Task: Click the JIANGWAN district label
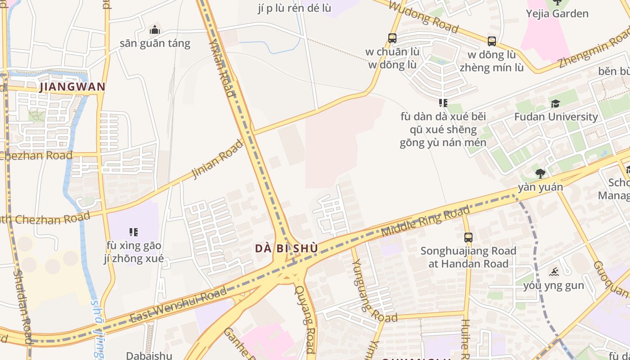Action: click(x=72, y=87)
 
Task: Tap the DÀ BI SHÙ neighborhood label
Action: click(x=286, y=248)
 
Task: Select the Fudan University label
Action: click(x=556, y=117)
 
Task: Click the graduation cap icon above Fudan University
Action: click(x=556, y=104)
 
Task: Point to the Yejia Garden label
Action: click(x=557, y=13)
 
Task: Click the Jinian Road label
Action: click(x=217, y=159)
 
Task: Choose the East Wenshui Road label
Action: click(x=178, y=306)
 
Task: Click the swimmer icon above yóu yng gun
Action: click(x=554, y=272)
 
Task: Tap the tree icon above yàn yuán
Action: click(x=540, y=174)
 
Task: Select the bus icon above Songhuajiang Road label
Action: click(x=468, y=237)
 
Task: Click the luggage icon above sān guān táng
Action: click(x=155, y=30)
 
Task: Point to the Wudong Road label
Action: click(x=423, y=18)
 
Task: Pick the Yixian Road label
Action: click(x=221, y=67)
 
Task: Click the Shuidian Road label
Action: click(x=22, y=306)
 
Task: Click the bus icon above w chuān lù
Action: click(x=392, y=38)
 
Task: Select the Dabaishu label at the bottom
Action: click(x=149, y=355)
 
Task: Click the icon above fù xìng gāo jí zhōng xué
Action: click(x=133, y=232)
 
